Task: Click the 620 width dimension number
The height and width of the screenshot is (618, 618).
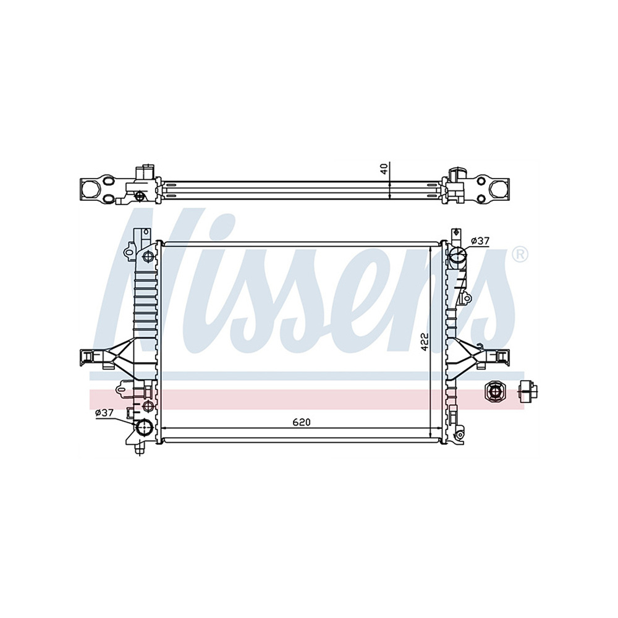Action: pyautogui.click(x=301, y=422)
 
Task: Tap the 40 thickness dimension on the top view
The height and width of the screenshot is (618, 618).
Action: pyautogui.click(x=384, y=168)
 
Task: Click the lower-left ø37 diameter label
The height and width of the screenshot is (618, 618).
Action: pyautogui.click(x=105, y=413)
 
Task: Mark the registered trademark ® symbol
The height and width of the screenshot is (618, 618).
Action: pyautogui.click(x=520, y=254)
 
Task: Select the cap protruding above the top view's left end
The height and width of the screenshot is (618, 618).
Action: pyautogui.click(x=146, y=171)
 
